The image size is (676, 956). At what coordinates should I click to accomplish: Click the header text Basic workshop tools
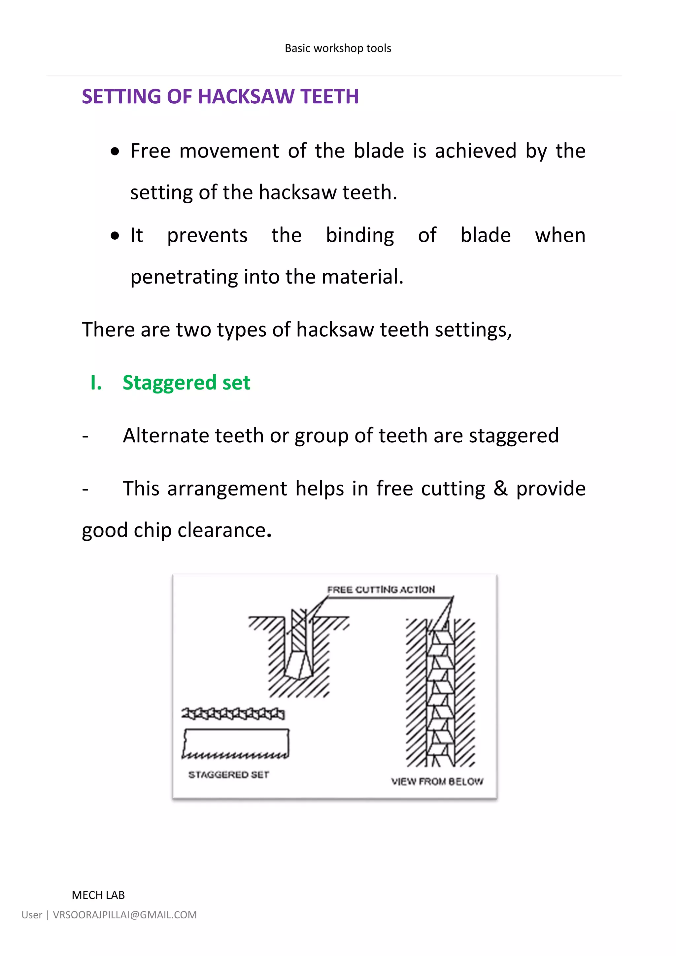[338, 48]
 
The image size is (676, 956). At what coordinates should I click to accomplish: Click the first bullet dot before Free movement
[115, 152]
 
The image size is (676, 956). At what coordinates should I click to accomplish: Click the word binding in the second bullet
[360, 236]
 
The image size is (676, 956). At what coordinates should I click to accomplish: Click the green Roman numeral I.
[96, 383]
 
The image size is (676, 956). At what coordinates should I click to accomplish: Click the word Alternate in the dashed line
[166, 436]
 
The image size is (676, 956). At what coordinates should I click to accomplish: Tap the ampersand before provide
[500, 489]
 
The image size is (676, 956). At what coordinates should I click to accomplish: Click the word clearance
[221, 530]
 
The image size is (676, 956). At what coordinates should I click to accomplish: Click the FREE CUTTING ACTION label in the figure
[381, 590]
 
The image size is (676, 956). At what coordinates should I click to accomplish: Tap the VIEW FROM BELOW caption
[437, 782]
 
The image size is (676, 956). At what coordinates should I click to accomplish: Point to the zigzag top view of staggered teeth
[233, 714]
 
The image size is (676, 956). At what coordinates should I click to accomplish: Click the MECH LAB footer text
[98, 895]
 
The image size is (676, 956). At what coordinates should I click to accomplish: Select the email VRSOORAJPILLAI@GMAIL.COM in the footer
[124, 915]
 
